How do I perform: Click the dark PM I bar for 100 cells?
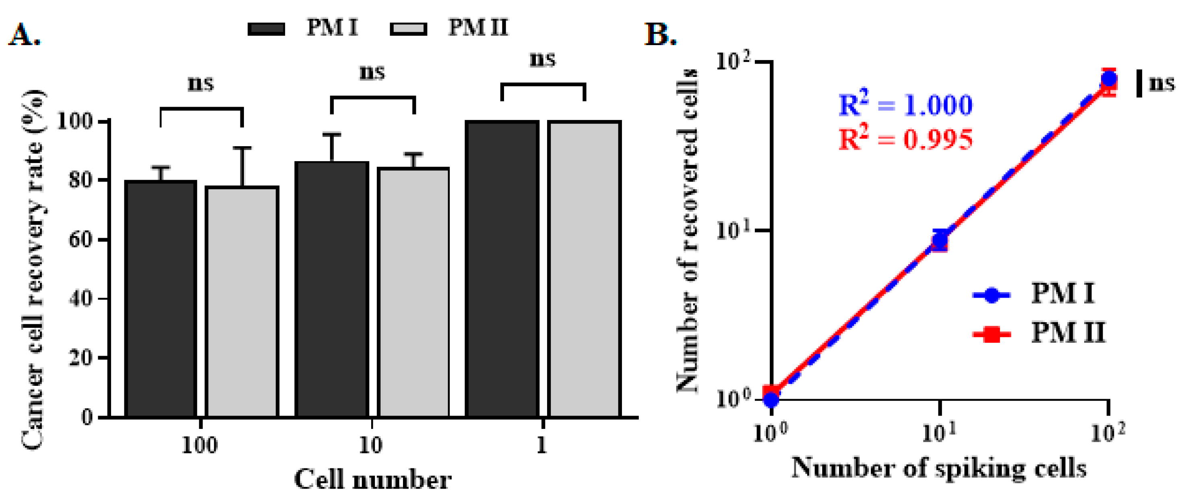pos(161,299)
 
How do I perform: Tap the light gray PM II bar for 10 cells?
pos(413,292)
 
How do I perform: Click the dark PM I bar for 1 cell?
pos(502,269)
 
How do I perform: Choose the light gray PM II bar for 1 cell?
pos(584,269)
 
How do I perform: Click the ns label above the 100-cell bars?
pos(201,84)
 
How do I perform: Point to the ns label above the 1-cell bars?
pos(543,59)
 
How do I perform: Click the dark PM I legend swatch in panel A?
pos(266,29)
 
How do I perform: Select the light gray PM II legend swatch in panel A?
pos(408,29)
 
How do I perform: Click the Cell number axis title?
pos(373,480)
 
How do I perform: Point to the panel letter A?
pos(24,35)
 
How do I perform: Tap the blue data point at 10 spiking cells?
pos(940,240)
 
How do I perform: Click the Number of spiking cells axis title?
pos(939,468)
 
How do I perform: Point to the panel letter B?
pos(660,35)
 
